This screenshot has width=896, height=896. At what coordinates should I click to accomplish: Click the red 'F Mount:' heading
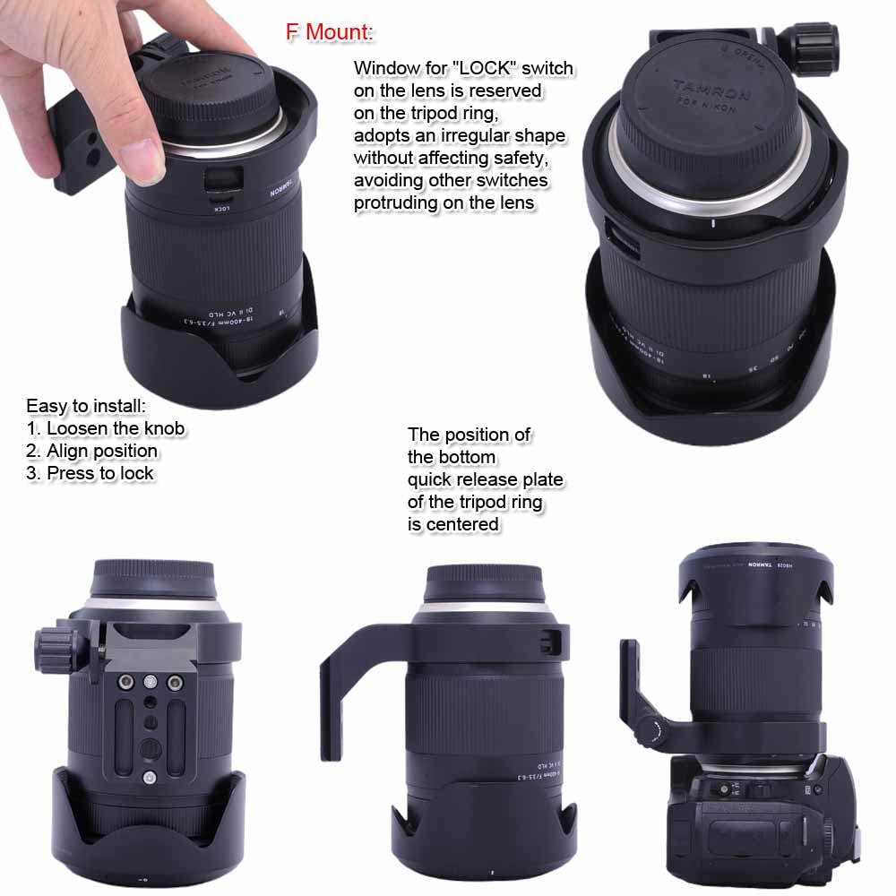329,32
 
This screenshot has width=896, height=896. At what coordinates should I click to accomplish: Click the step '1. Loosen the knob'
105,428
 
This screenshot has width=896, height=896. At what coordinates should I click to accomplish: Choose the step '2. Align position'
91,451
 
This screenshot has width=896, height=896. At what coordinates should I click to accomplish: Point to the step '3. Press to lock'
90,473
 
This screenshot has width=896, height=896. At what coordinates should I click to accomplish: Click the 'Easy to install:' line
85,406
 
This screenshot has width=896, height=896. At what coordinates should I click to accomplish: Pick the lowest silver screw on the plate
150,778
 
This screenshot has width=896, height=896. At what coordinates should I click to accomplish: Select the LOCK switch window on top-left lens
218,178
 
